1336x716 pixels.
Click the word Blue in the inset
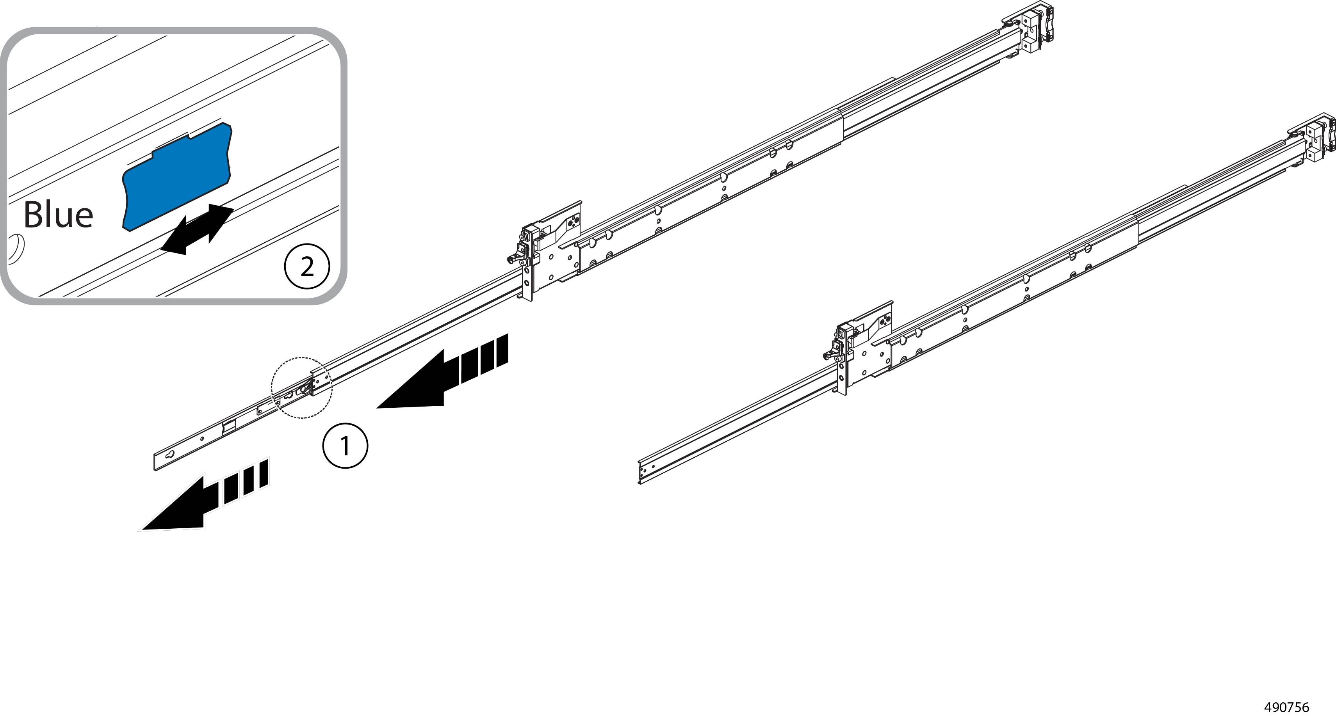58,215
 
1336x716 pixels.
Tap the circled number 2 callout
307,267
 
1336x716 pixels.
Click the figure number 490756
1287,707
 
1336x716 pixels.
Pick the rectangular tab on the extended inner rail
229,427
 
